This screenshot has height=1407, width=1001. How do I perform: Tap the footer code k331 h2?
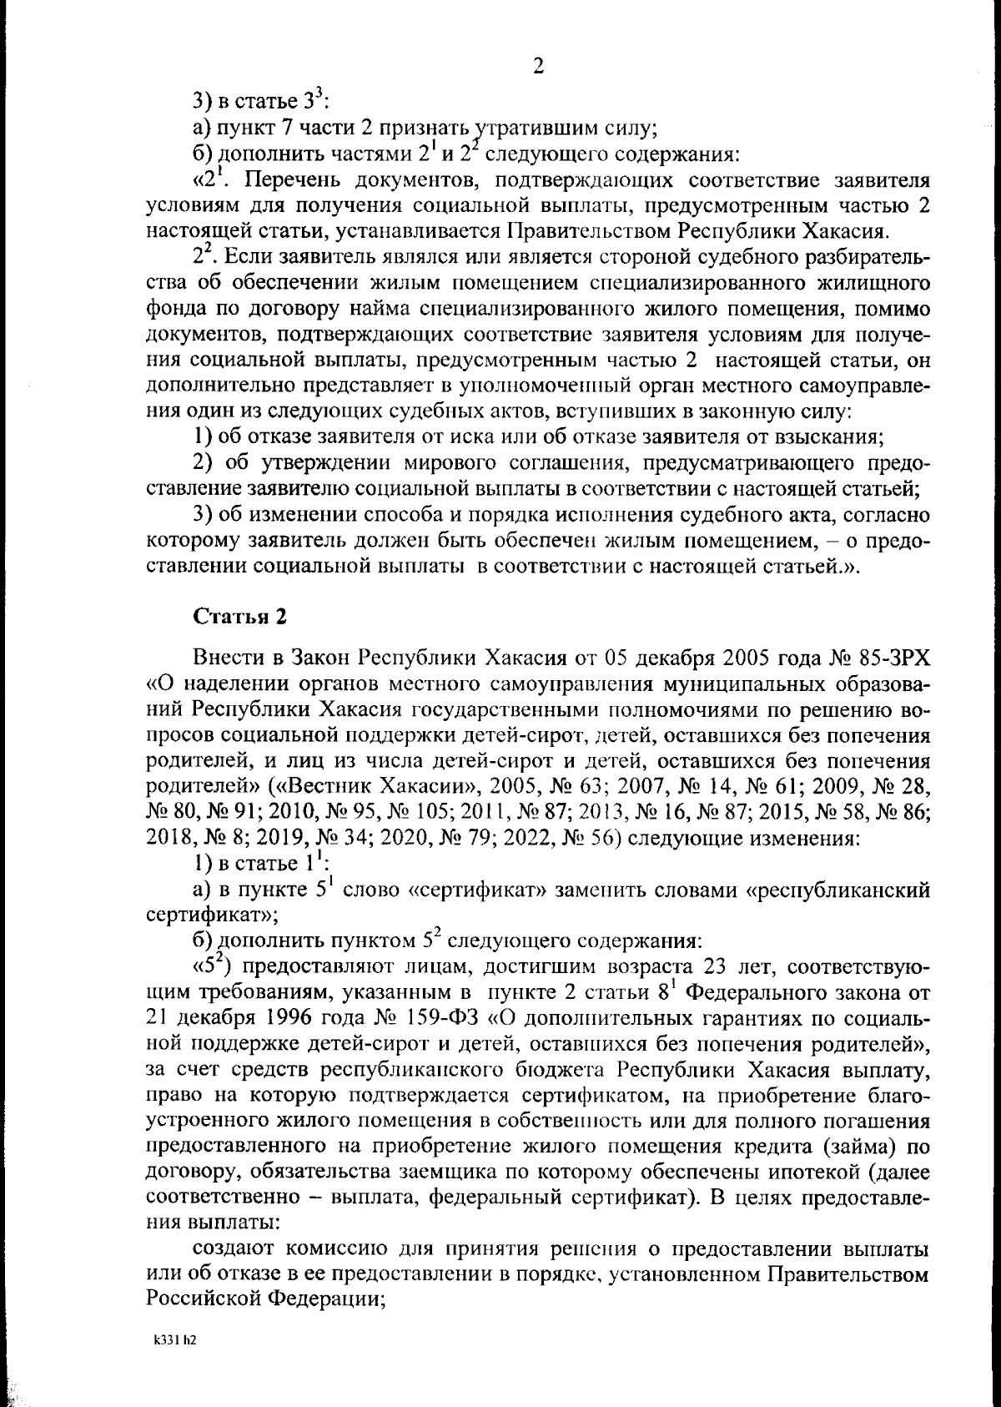174,1340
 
